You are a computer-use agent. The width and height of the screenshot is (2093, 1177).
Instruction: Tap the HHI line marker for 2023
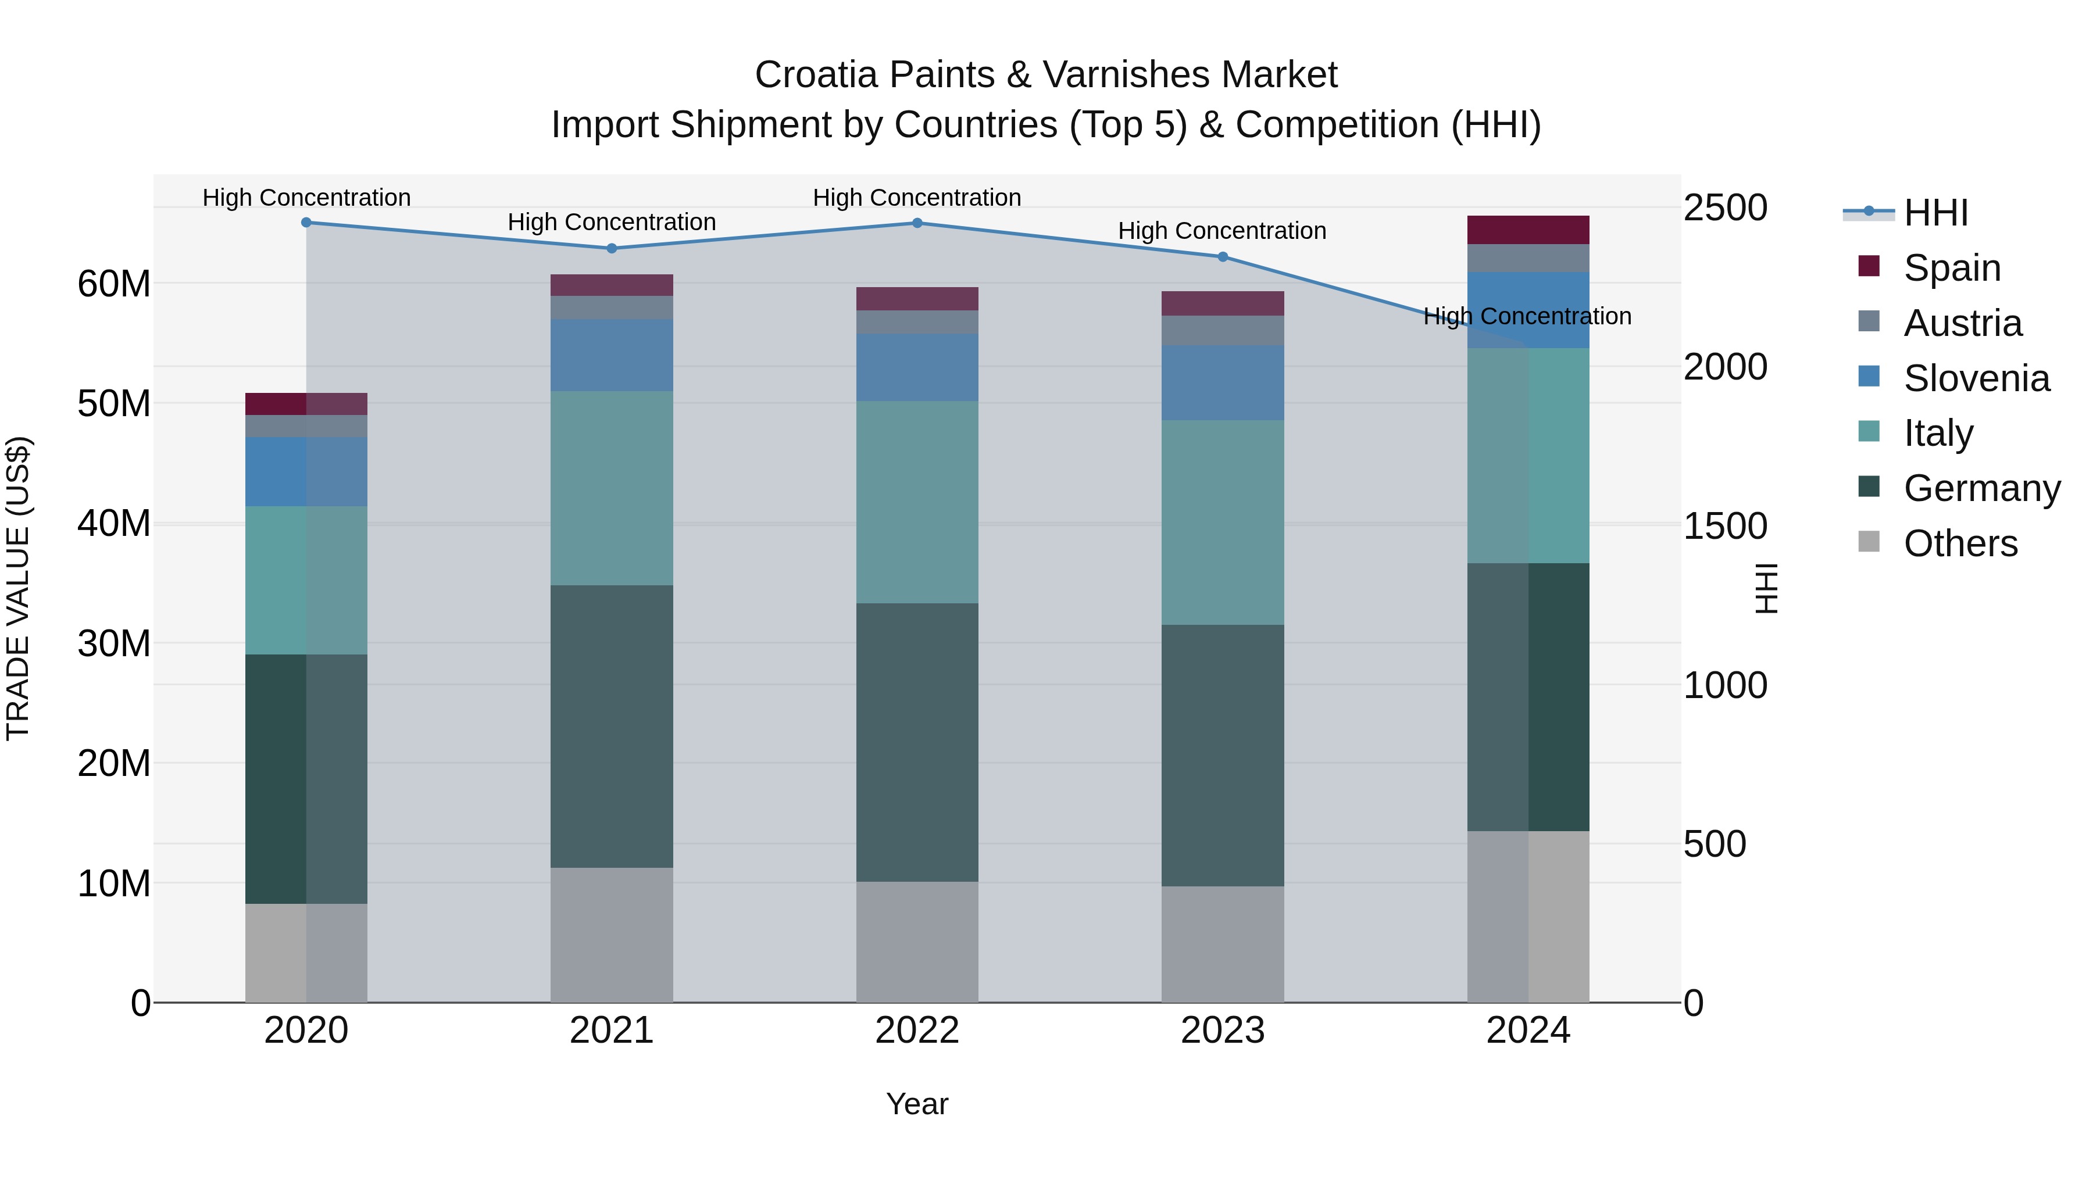click(1222, 257)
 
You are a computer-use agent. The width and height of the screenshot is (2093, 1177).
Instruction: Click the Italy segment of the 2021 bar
click(612, 488)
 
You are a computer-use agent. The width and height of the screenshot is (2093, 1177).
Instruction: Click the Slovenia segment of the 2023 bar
click(1222, 382)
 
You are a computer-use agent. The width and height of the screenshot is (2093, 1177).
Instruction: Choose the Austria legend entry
click(1962, 323)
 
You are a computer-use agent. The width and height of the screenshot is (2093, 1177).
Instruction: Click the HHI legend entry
click(1934, 213)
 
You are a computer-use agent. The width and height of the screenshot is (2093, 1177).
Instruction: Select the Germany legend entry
click(1981, 488)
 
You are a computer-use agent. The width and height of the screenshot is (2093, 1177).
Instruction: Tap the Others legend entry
click(1960, 543)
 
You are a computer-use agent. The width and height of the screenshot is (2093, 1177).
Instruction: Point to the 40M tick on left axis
click(114, 523)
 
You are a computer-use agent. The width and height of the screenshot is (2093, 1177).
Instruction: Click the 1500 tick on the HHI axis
click(1724, 525)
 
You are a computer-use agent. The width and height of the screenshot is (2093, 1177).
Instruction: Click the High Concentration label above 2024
click(1527, 316)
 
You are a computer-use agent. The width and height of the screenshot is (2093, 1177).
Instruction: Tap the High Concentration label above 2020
click(306, 198)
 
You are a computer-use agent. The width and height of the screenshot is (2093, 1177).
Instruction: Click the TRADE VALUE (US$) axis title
click(18, 588)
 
